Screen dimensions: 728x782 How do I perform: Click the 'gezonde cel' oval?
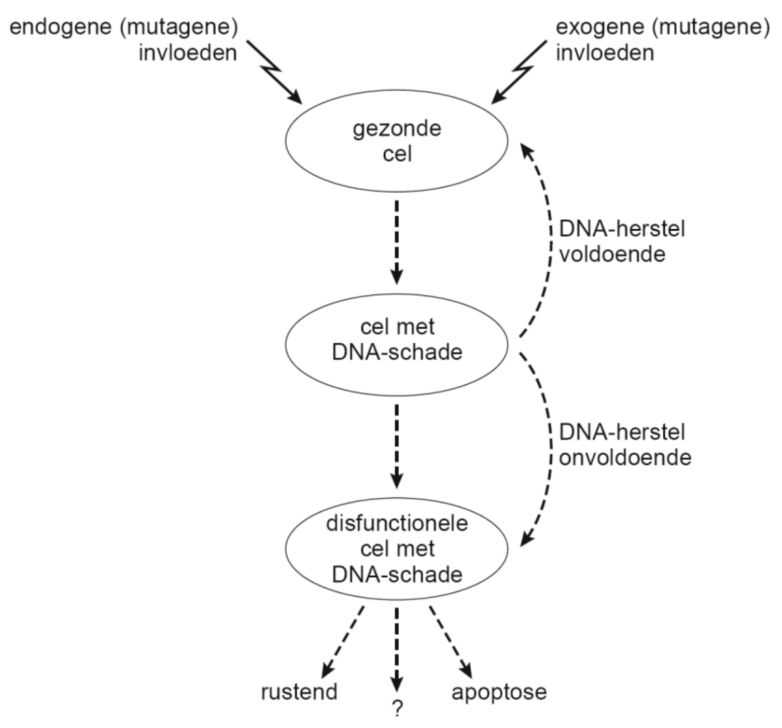(397, 141)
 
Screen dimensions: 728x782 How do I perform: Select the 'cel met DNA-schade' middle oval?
(397, 344)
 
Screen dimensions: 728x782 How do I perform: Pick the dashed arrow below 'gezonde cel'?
(397, 242)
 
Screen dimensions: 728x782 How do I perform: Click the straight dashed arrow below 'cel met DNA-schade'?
(397, 446)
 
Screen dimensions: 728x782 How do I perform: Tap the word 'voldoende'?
(612, 255)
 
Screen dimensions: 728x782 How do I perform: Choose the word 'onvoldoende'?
(625, 458)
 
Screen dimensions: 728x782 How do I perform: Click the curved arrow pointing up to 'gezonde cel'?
(547, 239)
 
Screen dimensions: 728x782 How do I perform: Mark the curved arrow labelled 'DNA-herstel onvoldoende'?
(547, 446)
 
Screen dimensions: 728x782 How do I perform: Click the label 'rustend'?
(299, 692)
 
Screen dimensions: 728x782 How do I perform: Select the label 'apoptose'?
(499, 692)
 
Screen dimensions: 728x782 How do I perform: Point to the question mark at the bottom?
(397, 708)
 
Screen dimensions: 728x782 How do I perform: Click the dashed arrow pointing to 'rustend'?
(342, 643)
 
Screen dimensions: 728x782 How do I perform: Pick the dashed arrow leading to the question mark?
(397, 648)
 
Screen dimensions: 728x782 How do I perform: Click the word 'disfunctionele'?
(397, 523)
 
